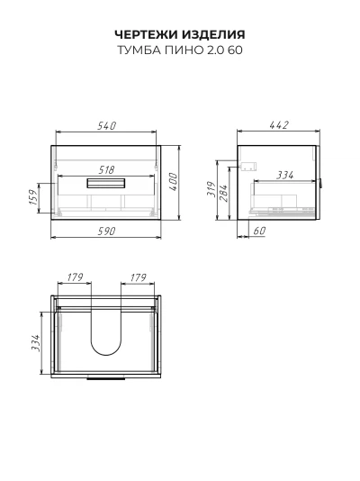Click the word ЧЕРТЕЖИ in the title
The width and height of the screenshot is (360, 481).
[147, 34]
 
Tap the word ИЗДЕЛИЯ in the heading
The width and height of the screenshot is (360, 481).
[213, 34]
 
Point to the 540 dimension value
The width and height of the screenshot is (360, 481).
[107, 125]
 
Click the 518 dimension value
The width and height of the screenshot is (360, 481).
[105, 169]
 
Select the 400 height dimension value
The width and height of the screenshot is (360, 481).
[173, 182]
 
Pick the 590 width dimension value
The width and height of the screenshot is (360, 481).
[106, 231]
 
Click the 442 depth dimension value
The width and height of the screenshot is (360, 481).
[279, 125]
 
